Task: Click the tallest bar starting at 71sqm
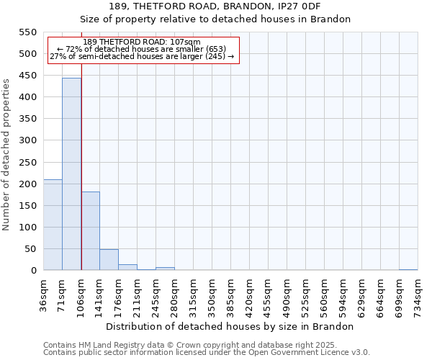(71, 174)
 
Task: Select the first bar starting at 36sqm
(53, 225)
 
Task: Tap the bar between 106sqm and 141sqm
(90, 231)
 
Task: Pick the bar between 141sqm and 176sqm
(109, 260)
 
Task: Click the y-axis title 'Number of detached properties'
(7, 155)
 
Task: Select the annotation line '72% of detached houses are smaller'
(142, 49)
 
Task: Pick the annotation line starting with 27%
(142, 56)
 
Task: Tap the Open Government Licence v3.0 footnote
(207, 353)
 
